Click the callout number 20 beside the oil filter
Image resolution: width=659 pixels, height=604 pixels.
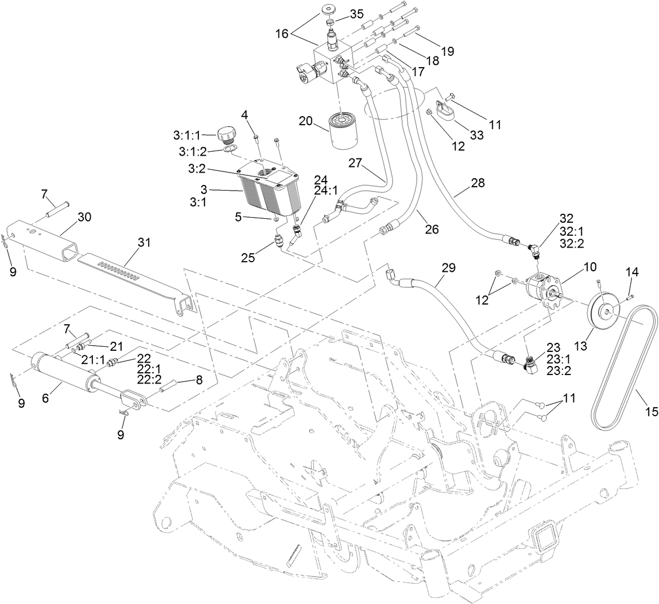(306, 122)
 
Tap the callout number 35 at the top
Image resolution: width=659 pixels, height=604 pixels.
(357, 14)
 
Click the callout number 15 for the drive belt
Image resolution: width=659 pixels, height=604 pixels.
(651, 412)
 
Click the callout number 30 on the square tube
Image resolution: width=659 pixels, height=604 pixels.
(84, 217)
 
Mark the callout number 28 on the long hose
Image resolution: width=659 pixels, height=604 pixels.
(478, 183)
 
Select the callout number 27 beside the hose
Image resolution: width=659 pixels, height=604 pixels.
(353, 163)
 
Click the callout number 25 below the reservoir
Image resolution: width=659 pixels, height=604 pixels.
(247, 258)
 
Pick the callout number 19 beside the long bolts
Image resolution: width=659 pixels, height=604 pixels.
(447, 51)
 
